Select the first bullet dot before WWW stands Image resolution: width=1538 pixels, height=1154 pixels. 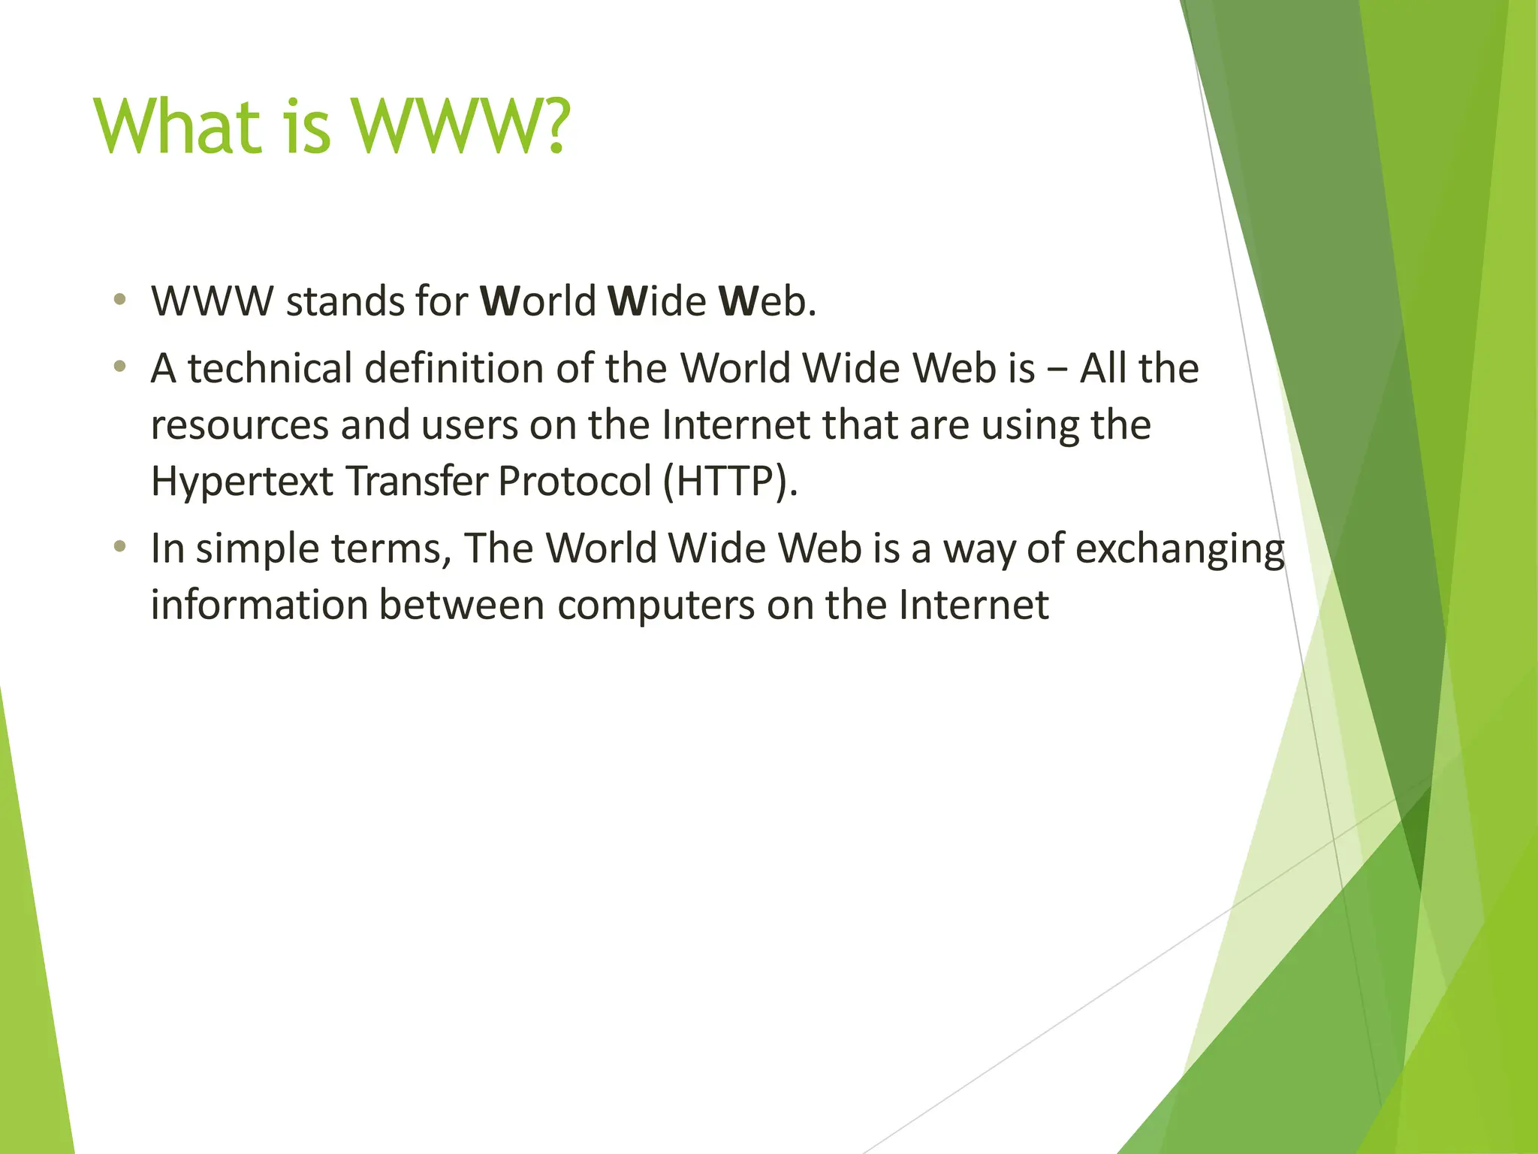[x=119, y=301]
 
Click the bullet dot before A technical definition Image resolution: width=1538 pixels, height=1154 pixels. [x=119, y=367]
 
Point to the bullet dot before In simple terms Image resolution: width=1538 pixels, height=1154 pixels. [x=119, y=547]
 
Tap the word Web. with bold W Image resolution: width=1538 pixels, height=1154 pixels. [x=767, y=301]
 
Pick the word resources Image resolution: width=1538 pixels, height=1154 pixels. [x=240, y=425]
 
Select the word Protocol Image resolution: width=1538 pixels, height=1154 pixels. [x=574, y=481]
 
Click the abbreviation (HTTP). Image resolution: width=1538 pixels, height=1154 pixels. [x=730, y=481]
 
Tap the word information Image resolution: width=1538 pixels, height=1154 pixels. [x=258, y=604]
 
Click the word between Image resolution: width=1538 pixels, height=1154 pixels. [x=461, y=604]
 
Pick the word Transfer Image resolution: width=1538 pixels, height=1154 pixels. [x=416, y=481]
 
